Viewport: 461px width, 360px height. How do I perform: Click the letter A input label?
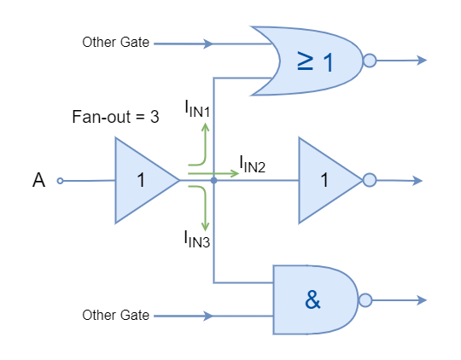coord(38,180)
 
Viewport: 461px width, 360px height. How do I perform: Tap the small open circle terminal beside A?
coord(60,181)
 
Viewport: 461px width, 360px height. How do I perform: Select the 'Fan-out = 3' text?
coord(115,117)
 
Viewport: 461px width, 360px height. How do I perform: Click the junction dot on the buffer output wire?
coord(213,181)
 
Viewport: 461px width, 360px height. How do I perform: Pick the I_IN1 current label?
coord(197,108)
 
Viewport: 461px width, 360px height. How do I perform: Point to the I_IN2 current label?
coord(253,164)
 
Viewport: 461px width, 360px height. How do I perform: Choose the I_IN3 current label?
coord(197,239)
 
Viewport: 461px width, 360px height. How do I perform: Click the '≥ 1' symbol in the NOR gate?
coord(315,61)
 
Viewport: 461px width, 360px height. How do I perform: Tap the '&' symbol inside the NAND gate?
coord(312,300)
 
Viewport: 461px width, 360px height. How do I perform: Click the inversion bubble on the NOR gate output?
coord(370,61)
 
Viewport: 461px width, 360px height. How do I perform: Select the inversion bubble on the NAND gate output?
coord(365,300)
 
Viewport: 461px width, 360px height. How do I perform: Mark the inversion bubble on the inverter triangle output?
coord(370,180)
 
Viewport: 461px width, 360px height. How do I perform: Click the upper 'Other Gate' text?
coord(116,43)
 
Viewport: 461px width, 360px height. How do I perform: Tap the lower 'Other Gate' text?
coord(116,315)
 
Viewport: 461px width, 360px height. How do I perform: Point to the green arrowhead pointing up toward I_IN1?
coord(205,127)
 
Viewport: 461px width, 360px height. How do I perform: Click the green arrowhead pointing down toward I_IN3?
coord(205,227)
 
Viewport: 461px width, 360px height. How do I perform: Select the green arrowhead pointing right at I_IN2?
coord(235,173)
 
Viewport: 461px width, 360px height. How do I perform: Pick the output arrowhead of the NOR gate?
coord(422,61)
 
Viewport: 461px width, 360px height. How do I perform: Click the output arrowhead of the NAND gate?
coord(422,300)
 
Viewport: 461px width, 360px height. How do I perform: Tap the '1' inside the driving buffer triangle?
coord(141,180)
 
